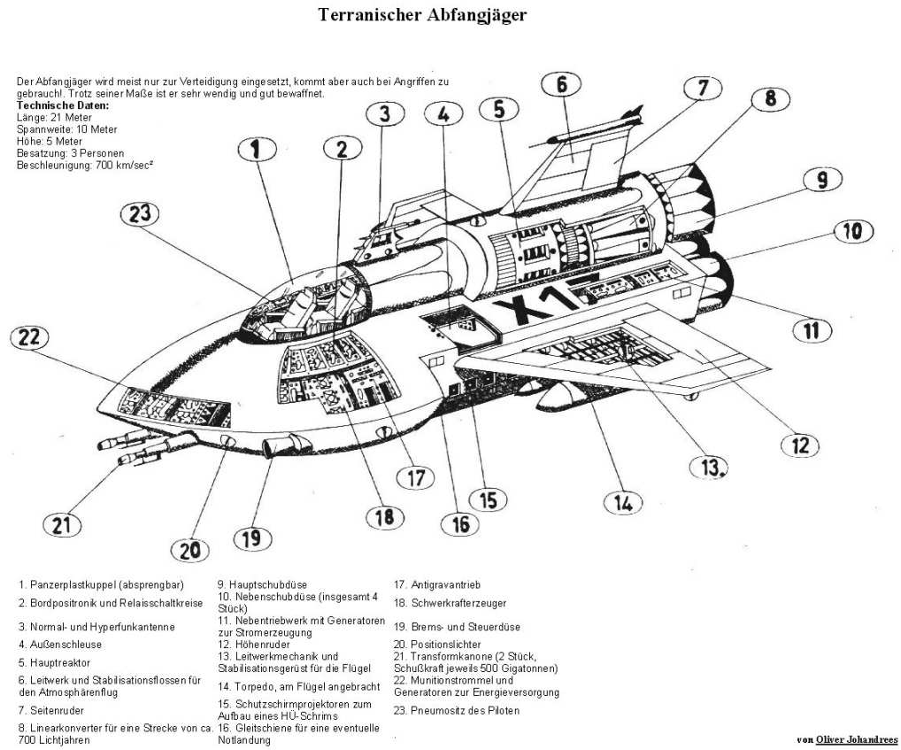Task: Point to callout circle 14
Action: [623, 502]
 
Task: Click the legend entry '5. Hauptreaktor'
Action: [54, 661]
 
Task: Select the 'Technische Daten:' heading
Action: [63, 105]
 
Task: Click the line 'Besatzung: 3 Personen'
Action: [70, 152]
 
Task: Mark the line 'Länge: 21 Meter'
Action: [54, 117]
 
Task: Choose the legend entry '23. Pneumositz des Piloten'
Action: [457, 710]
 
